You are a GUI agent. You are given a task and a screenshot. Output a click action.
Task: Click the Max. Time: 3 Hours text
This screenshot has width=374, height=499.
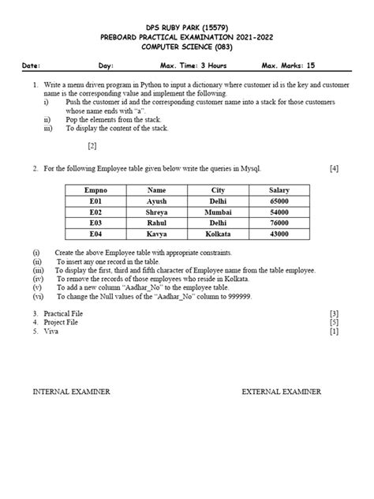pos(193,66)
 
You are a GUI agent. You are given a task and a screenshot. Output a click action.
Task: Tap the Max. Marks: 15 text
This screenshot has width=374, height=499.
pos(288,66)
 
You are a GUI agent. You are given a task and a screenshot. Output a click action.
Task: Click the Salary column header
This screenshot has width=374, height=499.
pos(279,190)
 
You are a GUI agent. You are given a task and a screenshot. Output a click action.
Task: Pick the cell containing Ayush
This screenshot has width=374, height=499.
pos(157,201)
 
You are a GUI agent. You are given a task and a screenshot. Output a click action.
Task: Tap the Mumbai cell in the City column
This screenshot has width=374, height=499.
pos(218,212)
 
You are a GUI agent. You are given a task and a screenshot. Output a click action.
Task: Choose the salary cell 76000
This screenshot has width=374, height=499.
pos(279,223)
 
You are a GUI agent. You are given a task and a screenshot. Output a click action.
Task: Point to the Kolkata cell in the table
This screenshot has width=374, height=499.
pos(218,234)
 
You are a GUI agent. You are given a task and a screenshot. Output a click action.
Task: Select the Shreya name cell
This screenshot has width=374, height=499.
pos(157,212)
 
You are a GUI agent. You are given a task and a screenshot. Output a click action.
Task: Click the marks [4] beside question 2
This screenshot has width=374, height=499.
pos(335,168)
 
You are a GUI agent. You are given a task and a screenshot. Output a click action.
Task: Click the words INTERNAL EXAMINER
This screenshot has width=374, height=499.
pos(71,391)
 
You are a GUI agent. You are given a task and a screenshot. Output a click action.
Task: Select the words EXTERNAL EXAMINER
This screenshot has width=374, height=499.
pos(282,391)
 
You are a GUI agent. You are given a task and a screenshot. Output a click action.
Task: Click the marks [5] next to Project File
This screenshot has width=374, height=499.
pos(335,322)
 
